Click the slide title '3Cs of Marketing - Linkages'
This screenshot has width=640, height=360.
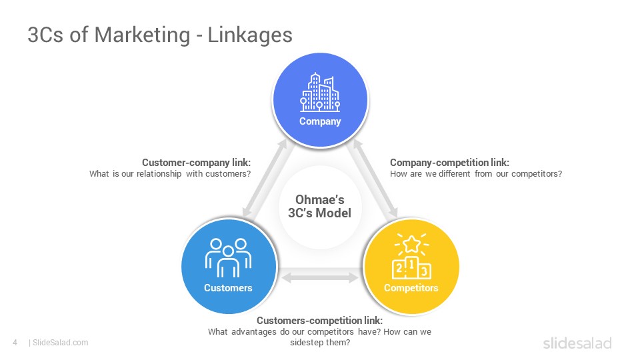click(x=160, y=35)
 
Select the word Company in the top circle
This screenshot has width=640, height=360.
click(x=320, y=121)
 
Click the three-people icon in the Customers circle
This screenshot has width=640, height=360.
click(x=228, y=257)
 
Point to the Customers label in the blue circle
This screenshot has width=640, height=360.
click(x=228, y=288)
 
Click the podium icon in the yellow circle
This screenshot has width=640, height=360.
click(x=411, y=268)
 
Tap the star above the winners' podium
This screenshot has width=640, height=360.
click(x=411, y=244)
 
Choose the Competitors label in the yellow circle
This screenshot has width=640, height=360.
click(x=411, y=288)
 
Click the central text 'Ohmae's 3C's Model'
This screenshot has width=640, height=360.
click(x=319, y=206)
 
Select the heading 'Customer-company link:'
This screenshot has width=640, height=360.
click(x=196, y=163)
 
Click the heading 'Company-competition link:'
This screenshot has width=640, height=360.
click(x=450, y=163)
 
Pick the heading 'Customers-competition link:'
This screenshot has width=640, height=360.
click(x=319, y=321)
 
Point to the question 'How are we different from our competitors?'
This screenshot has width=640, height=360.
click(x=476, y=174)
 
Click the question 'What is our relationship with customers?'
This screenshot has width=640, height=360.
click(x=170, y=174)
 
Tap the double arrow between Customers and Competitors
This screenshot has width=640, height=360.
click(x=320, y=278)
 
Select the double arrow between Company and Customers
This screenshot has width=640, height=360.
click(x=265, y=178)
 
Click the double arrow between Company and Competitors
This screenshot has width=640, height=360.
click(x=375, y=179)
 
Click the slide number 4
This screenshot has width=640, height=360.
click(x=15, y=343)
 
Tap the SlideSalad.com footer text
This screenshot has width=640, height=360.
click(x=60, y=343)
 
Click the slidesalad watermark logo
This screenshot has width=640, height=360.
click(x=577, y=343)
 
